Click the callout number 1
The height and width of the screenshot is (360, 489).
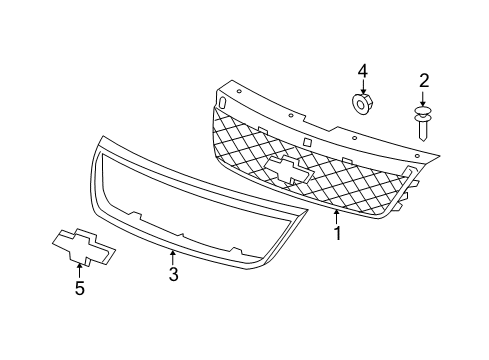tap(337, 234)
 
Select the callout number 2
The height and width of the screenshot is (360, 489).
tap(423, 80)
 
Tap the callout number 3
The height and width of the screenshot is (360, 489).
tap(172, 274)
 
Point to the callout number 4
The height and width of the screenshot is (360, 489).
tap(363, 70)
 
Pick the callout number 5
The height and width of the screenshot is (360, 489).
tap(79, 289)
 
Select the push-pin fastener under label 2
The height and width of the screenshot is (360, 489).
tap(424, 120)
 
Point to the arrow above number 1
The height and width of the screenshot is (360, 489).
tap(337, 215)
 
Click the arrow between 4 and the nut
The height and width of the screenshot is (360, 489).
tap(363, 86)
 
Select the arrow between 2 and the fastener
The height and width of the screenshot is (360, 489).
tap(423, 97)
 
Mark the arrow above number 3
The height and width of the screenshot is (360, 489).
tap(172, 256)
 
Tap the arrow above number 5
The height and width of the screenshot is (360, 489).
tap(79, 270)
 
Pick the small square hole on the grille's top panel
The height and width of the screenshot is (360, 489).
tap(310, 141)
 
